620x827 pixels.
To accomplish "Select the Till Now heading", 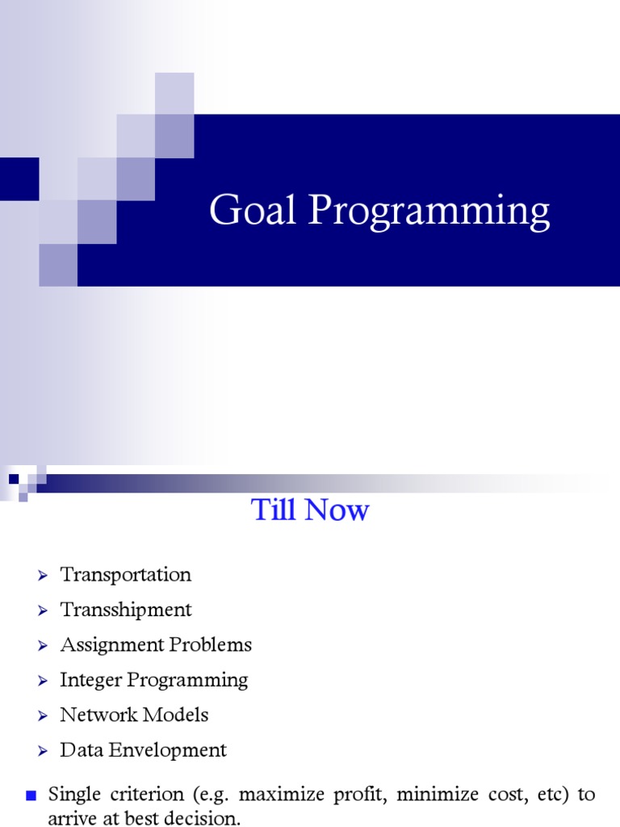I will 310,510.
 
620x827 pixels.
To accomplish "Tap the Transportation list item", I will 126,575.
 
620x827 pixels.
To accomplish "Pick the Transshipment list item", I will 126,610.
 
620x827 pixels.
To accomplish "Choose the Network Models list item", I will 134,715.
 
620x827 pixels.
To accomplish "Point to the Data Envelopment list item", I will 143,750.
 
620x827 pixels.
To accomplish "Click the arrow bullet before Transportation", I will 43,576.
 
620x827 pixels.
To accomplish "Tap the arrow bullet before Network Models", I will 43,716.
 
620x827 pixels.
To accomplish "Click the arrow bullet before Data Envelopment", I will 43,751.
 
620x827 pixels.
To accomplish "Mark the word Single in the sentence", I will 70,795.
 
